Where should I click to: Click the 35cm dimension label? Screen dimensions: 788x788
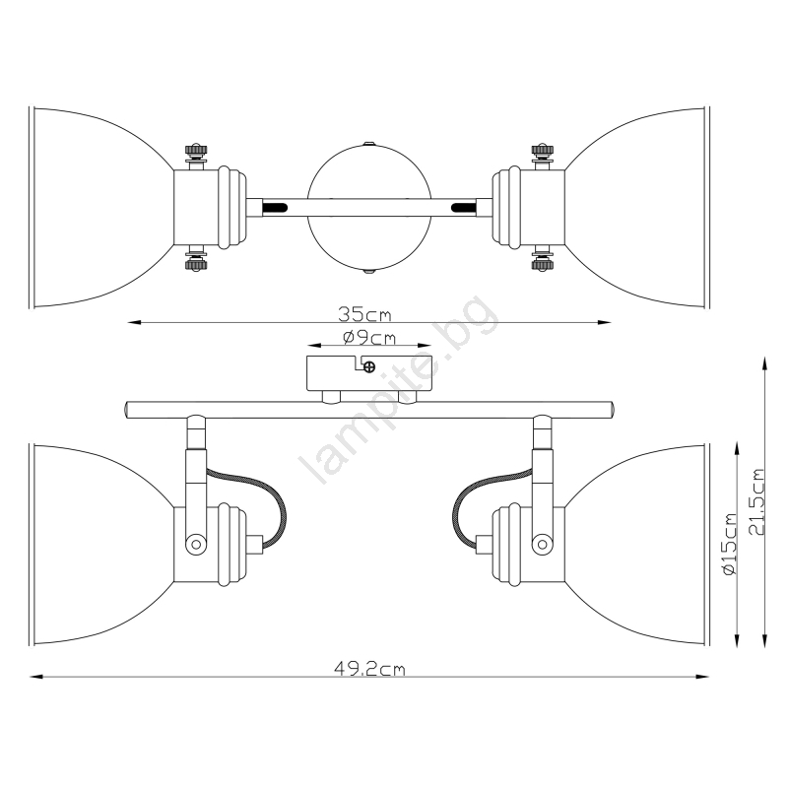[364, 314]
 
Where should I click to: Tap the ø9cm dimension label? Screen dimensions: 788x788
[369, 338]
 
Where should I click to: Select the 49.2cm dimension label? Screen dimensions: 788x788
[369, 669]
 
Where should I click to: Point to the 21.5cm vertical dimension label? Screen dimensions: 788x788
[755, 501]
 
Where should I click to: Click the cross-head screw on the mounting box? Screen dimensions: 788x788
[369, 366]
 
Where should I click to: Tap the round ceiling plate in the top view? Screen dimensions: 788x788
[369, 208]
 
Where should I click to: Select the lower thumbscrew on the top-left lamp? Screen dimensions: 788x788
[196, 258]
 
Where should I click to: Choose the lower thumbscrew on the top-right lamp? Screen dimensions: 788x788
[543, 258]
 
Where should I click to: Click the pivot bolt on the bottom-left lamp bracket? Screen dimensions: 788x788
[196, 544]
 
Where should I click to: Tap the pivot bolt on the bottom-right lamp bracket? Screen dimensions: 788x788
[543, 544]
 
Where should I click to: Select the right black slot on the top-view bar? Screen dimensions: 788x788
[463, 207]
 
